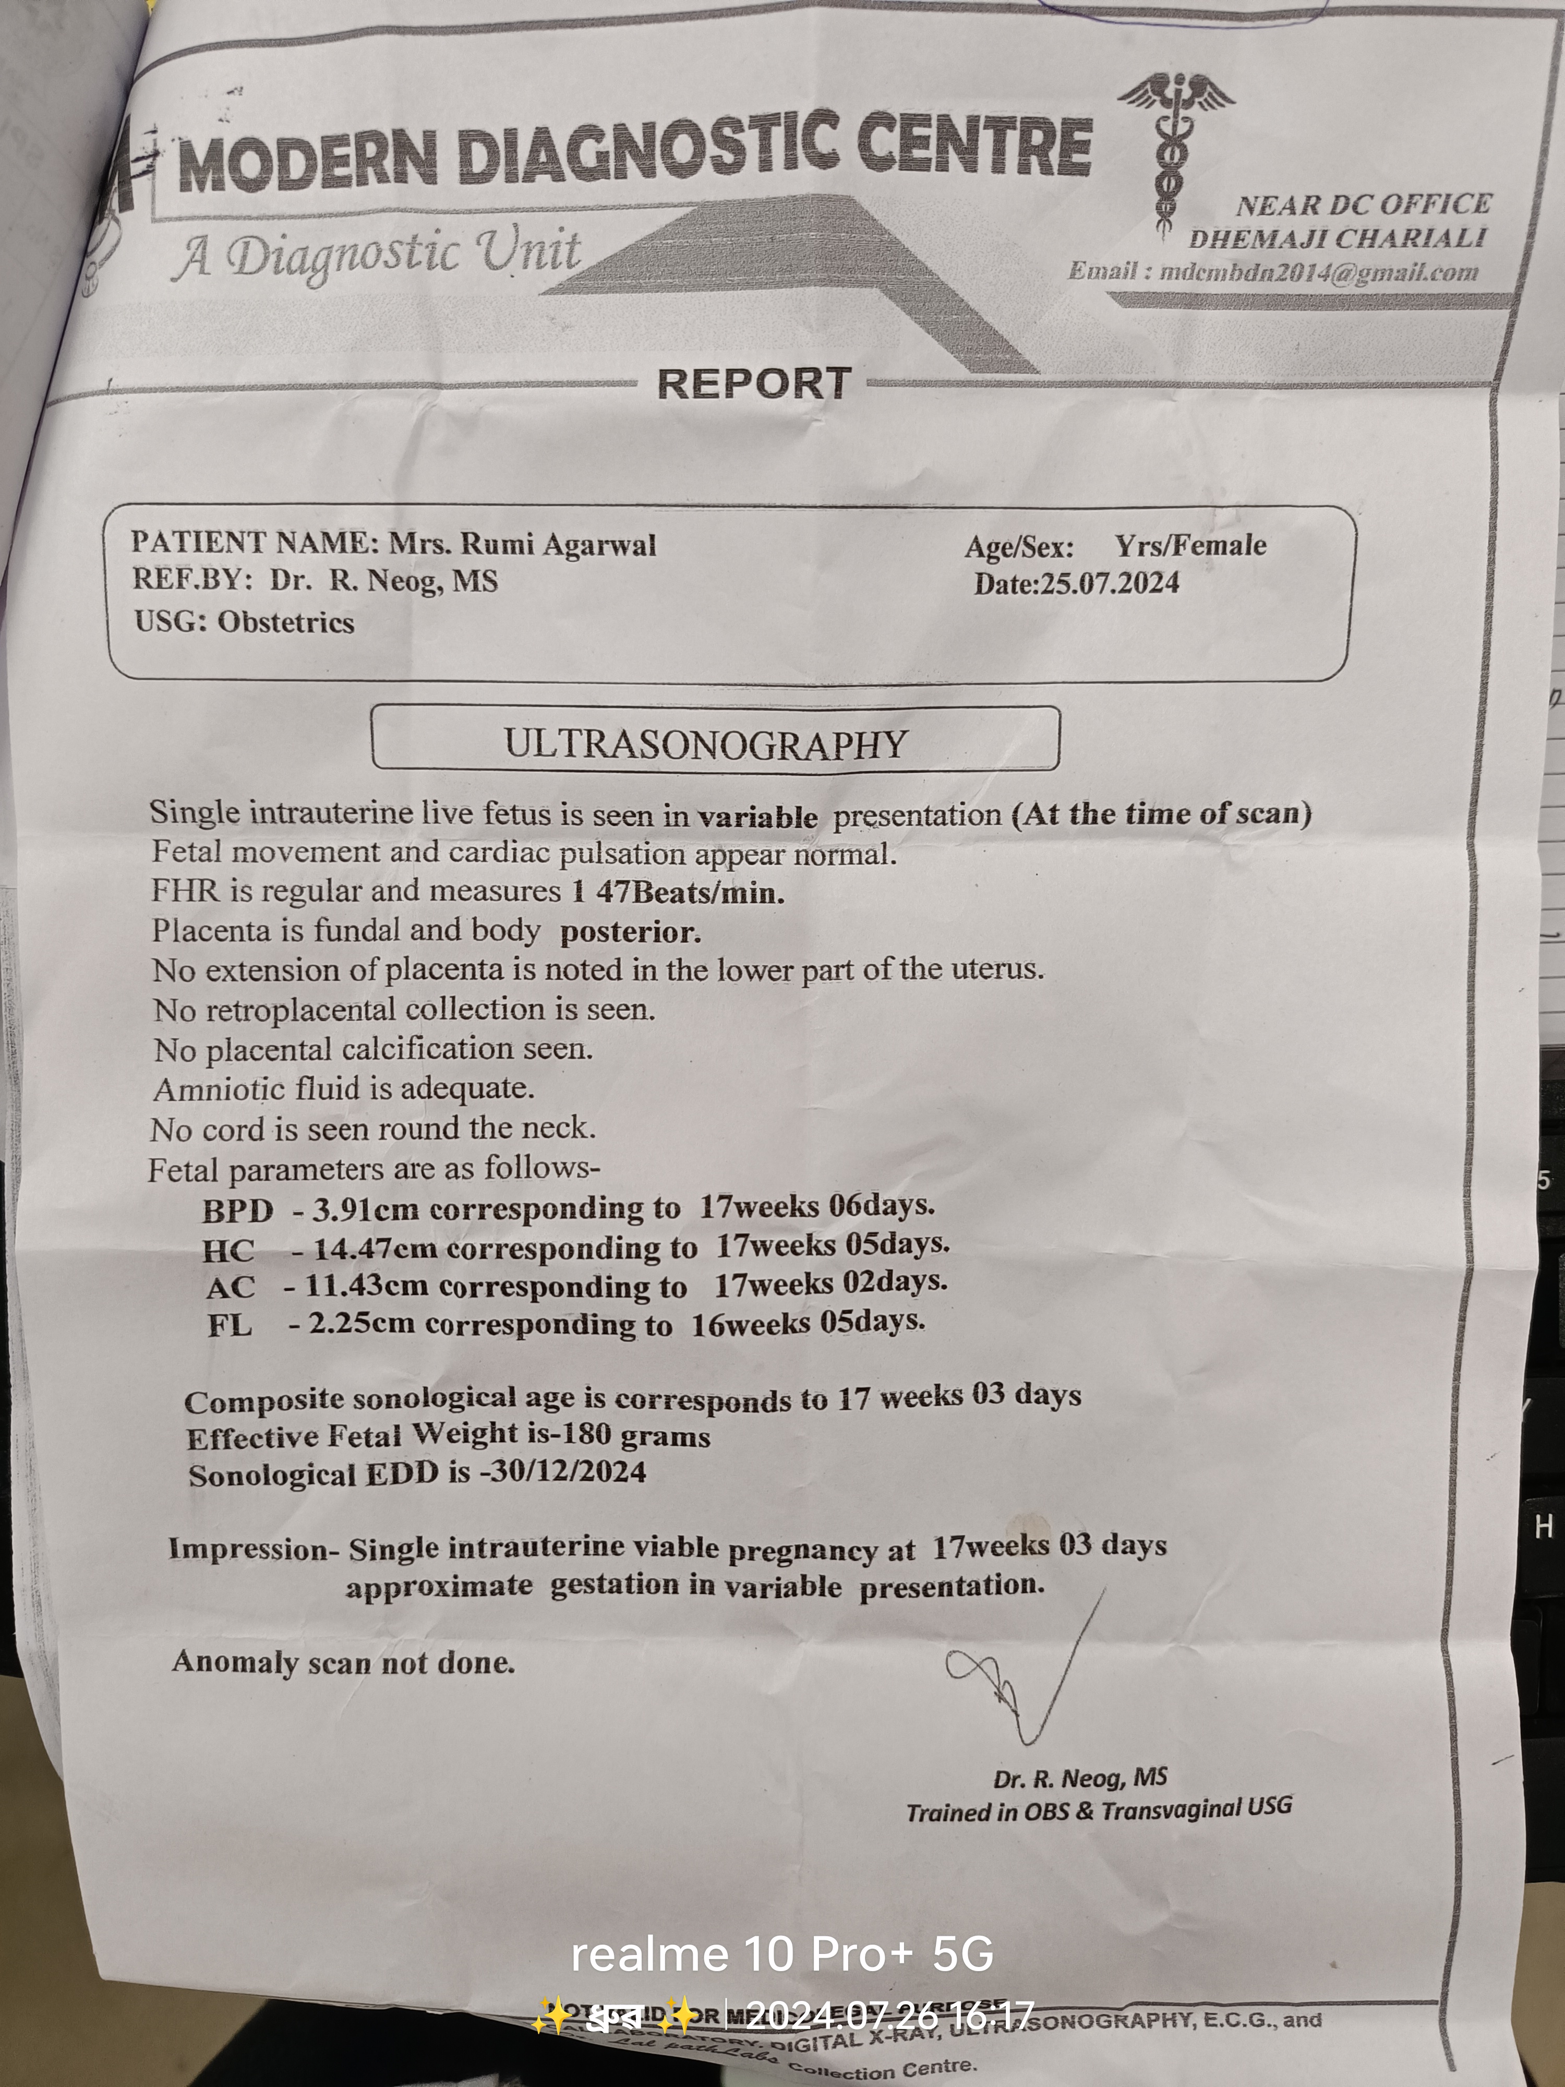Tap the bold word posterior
click(x=630, y=932)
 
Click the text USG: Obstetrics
click(x=244, y=622)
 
